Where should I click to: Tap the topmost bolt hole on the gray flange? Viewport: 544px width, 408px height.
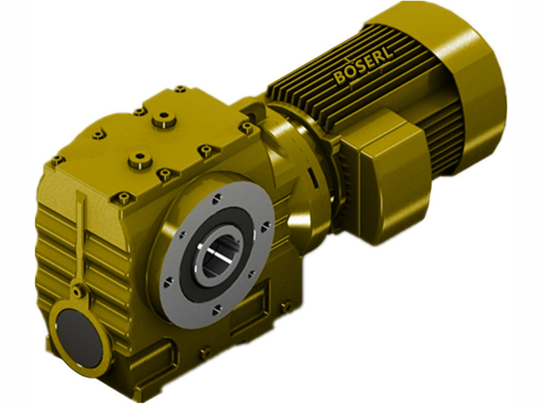point(216,199)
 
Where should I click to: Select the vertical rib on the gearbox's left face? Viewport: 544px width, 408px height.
point(82,231)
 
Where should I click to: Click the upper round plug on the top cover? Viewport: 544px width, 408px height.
point(162,120)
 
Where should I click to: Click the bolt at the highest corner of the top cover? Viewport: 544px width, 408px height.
point(180,89)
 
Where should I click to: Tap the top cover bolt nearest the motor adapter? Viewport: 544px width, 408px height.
point(246,125)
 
